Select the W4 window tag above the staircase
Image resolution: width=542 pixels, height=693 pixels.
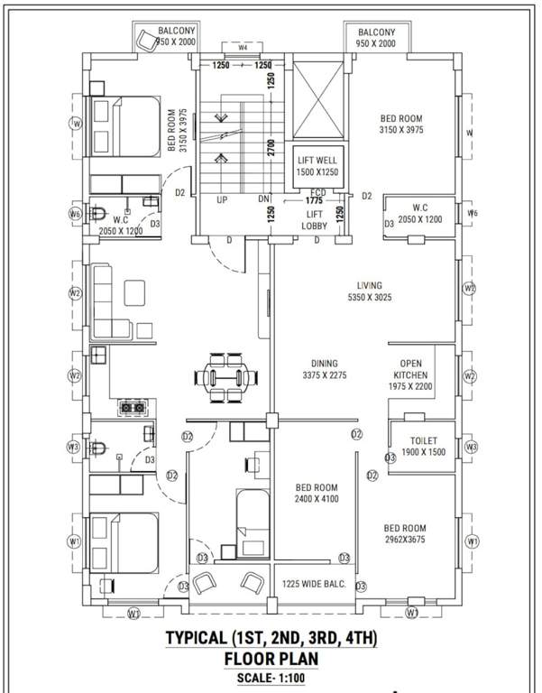[x=243, y=47]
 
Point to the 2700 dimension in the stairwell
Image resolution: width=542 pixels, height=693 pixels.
[x=271, y=148]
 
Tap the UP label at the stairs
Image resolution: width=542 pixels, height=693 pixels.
[x=222, y=199]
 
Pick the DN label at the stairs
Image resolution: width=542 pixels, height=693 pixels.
[x=264, y=199]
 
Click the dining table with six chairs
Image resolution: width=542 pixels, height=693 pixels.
[x=226, y=374]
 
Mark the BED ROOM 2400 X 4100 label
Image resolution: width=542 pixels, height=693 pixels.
[x=317, y=492]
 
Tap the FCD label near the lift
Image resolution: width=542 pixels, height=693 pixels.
[x=317, y=192]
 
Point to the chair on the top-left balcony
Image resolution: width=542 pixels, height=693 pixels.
[x=146, y=40]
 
